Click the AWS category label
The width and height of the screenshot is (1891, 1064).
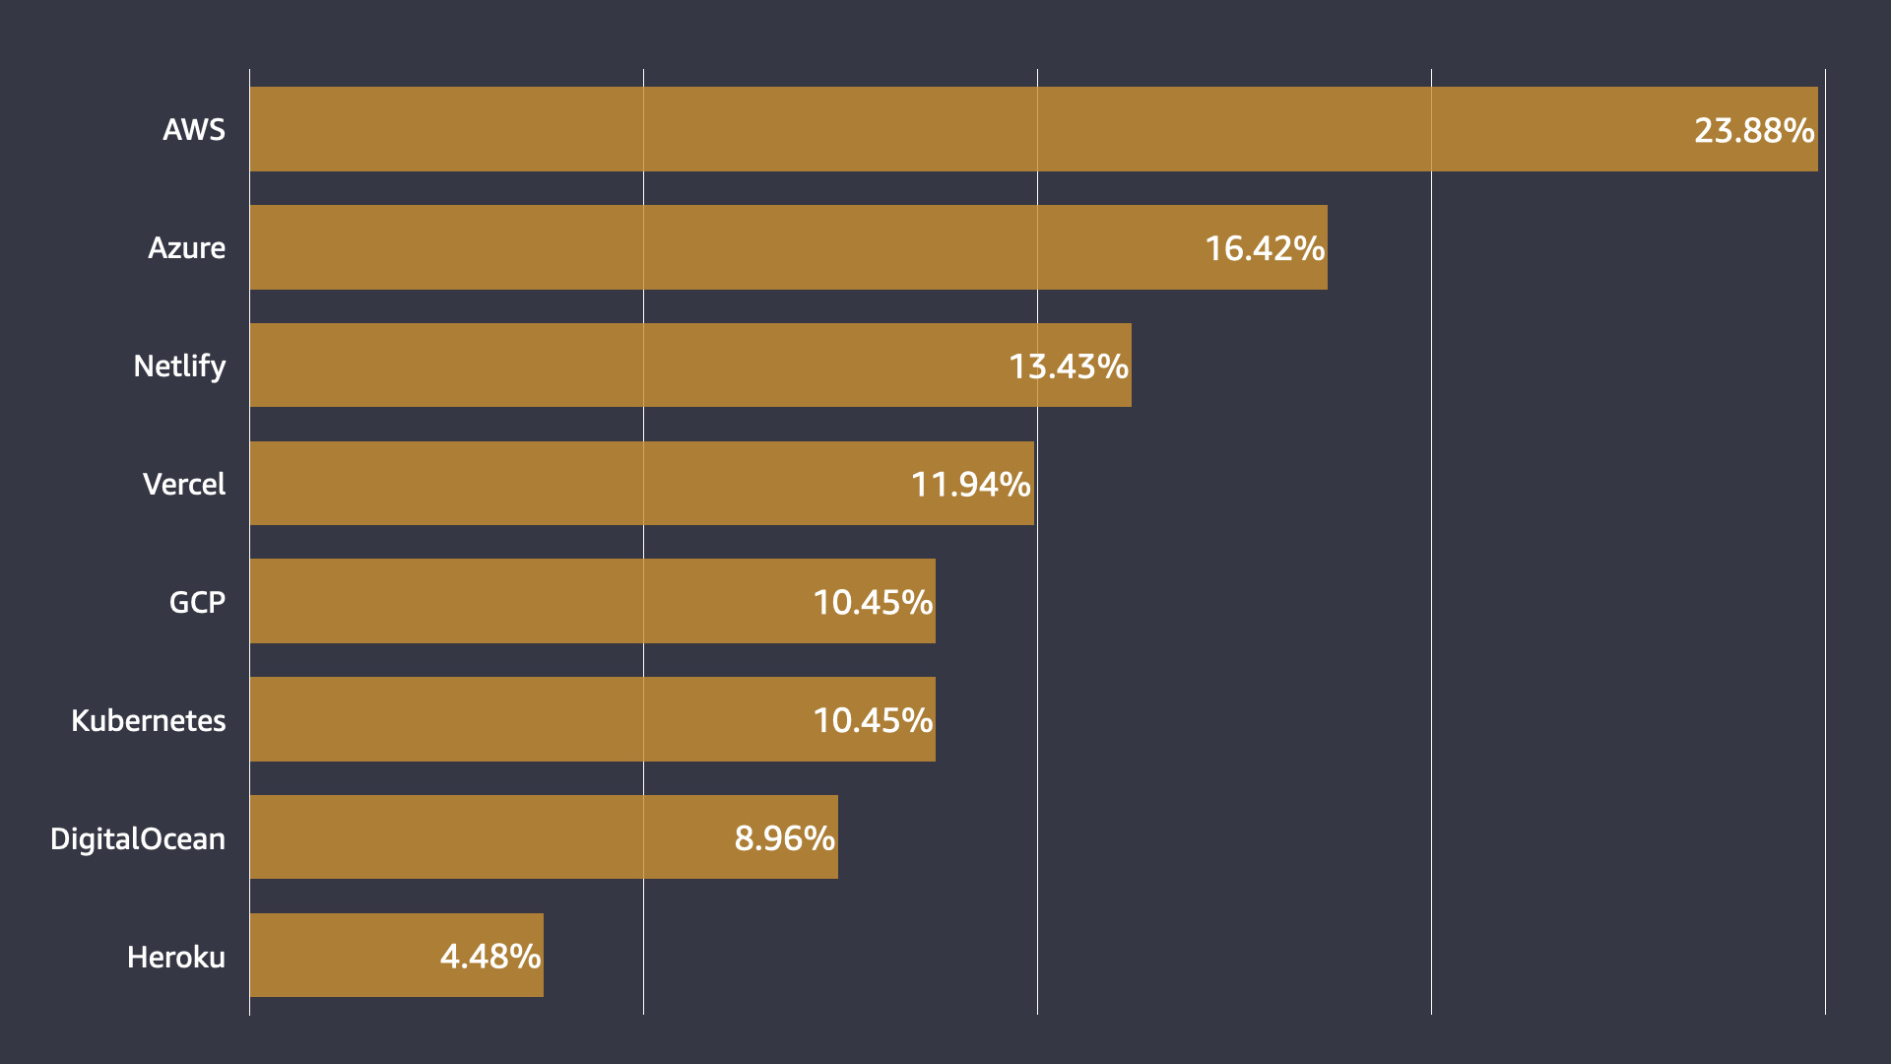pyautogui.click(x=194, y=130)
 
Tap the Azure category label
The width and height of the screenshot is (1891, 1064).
pyautogui.click(x=186, y=248)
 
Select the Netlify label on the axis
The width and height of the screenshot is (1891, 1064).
pyautogui.click(x=179, y=366)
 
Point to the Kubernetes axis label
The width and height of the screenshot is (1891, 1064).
pyautogui.click(x=149, y=721)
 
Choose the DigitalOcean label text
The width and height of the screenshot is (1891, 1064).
pyautogui.click(x=138, y=839)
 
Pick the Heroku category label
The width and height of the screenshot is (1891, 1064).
pyautogui.click(x=176, y=958)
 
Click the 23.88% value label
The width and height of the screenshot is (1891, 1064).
pyautogui.click(x=1754, y=131)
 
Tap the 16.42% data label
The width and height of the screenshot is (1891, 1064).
pyautogui.click(x=1265, y=249)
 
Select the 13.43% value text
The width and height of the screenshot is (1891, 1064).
pyautogui.click(x=1069, y=367)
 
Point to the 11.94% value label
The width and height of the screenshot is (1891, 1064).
pyautogui.click(x=971, y=485)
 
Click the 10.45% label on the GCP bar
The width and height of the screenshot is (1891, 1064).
pyautogui.click(x=873, y=603)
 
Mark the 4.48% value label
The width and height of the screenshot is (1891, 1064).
pyautogui.click(x=490, y=957)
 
